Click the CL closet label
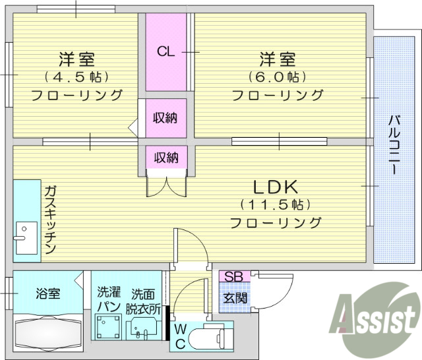[166, 51]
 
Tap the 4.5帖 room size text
[76, 76]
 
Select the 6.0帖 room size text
[278, 76]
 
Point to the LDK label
[275, 185]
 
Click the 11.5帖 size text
[276, 204]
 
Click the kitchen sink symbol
[25, 238]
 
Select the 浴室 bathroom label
[48, 293]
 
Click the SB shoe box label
[233, 277]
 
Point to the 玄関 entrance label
[233, 297]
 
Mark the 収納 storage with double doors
[166, 158]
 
